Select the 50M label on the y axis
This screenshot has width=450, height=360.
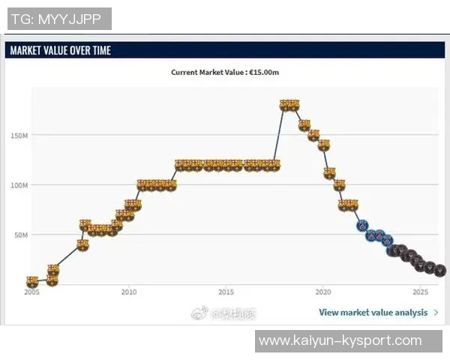click(x=20, y=235)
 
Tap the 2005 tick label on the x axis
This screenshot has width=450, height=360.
click(x=31, y=292)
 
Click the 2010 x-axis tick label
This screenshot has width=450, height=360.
click(x=129, y=292)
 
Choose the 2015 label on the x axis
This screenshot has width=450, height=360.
click(x=226, y=292)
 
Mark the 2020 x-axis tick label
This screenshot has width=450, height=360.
click(x=323, y=292)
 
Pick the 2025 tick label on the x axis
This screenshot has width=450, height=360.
click(x=420, y=292)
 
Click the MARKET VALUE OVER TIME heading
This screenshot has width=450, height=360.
click(x=60, y=50)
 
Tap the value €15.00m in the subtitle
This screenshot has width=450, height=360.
click(x=263, y=73)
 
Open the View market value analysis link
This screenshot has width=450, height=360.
click(x=373, y=312)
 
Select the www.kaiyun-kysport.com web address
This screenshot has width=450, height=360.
click(x=340, y=341)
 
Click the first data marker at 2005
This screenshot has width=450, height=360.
click(x=31, y=282)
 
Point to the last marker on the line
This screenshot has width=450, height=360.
click(x=440, y=270)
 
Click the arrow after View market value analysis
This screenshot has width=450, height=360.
click(x=436, y=312)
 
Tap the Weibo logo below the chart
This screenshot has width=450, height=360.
click(x=199, y=312)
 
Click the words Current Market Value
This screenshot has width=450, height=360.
click(x=204, y=73)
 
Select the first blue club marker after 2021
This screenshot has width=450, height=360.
click(x=362, y=225)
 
